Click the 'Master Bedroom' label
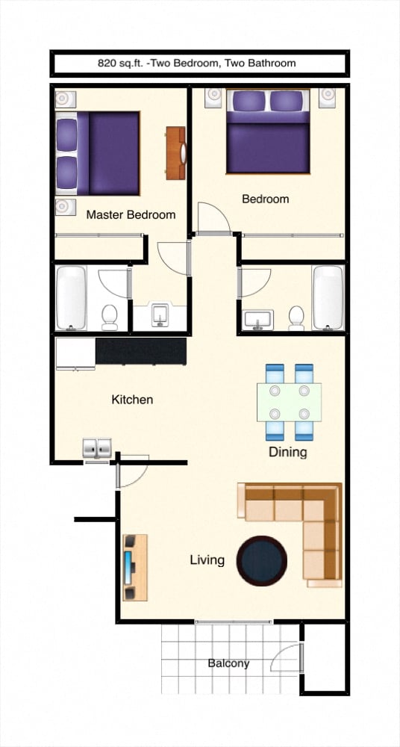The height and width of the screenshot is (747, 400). click(x=131, y=214)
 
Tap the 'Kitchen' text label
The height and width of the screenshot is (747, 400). click(x=132, y=400)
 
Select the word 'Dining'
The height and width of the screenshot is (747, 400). click(x=287, y=452)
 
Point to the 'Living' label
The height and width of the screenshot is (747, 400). click(x=207, y=560)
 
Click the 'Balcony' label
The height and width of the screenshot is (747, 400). click(x=228, y=663)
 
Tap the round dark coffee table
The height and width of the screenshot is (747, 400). click(x=261, y=560)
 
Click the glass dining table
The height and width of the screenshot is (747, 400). click(x=289, y=402)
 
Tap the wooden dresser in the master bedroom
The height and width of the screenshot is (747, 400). click(x=176, y=153)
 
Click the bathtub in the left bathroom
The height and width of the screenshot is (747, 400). click(x=72, y=297)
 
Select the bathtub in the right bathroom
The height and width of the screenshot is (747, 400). click(x=328, y=297)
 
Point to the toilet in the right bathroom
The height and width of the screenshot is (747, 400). click(x=296, y=317)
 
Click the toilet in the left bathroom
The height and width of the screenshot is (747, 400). click(x=110, y=317)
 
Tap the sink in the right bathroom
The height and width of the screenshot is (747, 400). click(x=258, y=319)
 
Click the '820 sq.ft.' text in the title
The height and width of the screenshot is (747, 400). click(x=122, y=63)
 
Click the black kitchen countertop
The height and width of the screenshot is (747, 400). click(x=140, y=350)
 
